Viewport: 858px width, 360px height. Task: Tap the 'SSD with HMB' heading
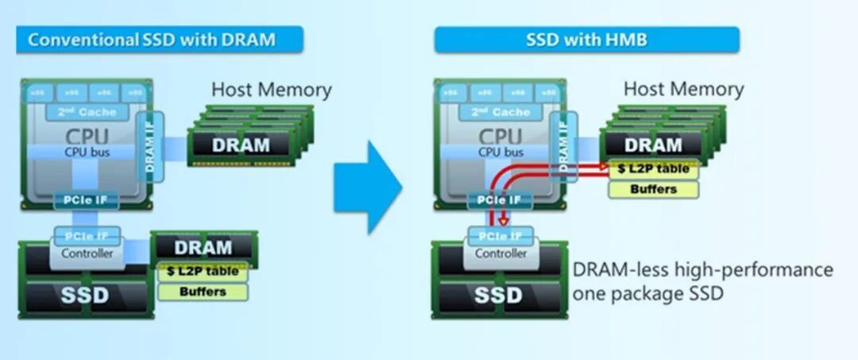click(586, 40)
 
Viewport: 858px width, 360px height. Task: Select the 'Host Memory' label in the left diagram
click(271, 90)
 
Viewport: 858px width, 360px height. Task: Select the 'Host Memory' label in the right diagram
click(683, 89)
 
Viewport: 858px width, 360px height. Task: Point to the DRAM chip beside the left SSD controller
click(203, 247)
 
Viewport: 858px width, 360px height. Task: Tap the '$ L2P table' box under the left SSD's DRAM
click(203, 272)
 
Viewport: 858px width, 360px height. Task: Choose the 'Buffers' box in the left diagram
click(203, 292)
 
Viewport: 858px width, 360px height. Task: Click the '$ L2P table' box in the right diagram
click(653, 169)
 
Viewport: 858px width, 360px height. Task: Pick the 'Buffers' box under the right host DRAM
click(653, 189)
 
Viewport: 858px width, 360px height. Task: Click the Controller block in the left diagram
click(88, 254)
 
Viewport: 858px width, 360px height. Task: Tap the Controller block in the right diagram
click(500, 254)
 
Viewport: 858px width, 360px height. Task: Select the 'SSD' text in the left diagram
click(85, 296)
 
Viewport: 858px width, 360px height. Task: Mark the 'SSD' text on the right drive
click(498, 296)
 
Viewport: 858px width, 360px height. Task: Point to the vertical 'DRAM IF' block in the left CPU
click(149, 143)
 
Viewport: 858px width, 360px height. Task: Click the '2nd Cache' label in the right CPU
click(500, 112)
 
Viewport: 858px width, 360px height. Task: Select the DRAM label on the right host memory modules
click(653, 145)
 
